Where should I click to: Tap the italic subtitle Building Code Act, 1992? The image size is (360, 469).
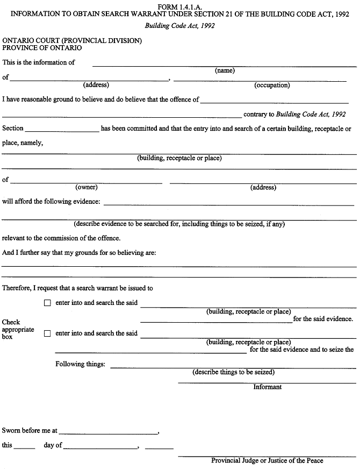[179, 26]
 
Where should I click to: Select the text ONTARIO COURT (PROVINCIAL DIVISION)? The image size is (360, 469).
[72, 41]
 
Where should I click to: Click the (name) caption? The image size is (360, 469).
[225, 70]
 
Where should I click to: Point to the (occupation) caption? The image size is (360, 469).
[272, 85]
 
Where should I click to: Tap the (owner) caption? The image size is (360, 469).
[87, 187]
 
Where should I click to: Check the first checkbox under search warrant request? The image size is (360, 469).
[47, 303]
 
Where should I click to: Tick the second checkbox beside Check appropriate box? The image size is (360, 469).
[47, 333]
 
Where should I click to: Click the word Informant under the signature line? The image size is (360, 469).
[267, 387]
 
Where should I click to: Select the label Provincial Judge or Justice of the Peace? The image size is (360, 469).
[267, 460]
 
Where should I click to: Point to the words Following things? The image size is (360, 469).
[81, 364]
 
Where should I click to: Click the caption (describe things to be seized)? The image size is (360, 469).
[233, 372]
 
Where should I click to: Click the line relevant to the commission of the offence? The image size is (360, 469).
[61, 238]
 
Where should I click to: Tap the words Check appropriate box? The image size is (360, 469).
[18, 329]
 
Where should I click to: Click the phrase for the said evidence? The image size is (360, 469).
[323, 319]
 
